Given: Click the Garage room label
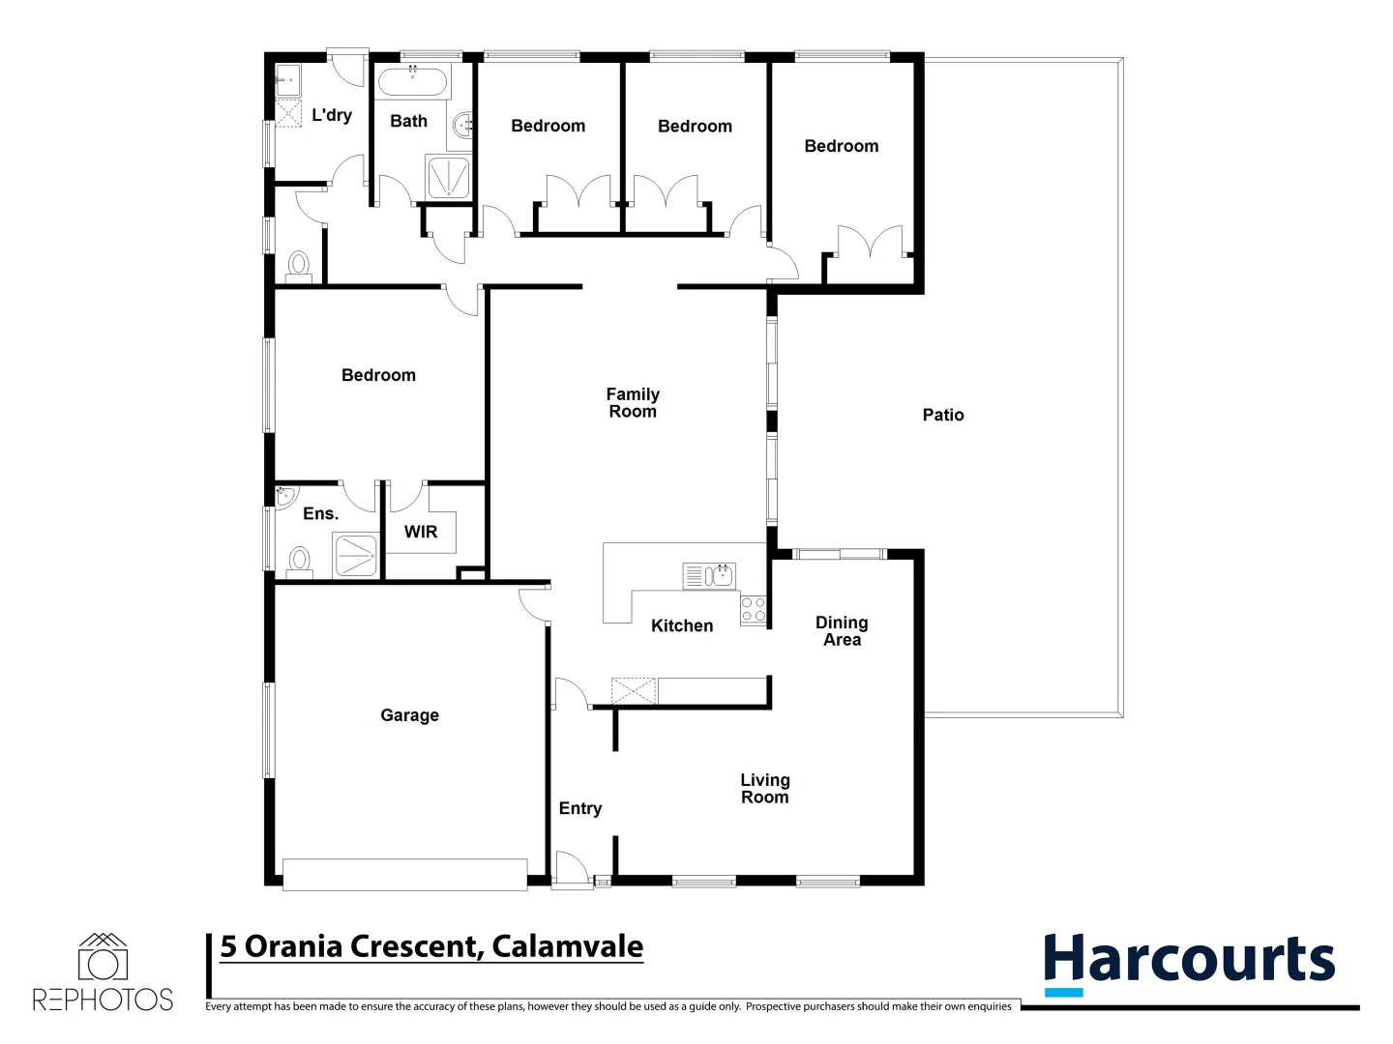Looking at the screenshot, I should click(409, 715).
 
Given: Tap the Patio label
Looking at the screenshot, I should click(942, 415).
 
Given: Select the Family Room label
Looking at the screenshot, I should click(633, 402).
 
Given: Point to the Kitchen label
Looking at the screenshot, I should click(681, 625).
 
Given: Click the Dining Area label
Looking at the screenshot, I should click(842, 631).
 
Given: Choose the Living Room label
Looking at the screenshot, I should click(764, 788).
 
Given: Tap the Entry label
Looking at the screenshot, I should click(579, 808).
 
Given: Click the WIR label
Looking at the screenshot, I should click(421, 532).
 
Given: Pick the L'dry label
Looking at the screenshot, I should click(331, 115).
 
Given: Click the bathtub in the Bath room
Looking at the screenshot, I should click(412, 81).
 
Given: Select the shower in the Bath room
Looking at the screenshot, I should click(448, 178).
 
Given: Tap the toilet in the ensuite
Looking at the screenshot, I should click(300, 560).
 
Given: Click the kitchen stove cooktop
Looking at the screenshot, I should click(753, 610).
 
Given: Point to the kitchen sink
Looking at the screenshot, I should click(720, 576).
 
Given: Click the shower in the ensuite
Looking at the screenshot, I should click(355, 556).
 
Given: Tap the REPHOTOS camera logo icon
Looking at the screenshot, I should click(103, 959).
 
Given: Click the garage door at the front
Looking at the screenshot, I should click(404, 874).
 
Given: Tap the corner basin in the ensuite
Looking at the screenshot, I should click(285, 497).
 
